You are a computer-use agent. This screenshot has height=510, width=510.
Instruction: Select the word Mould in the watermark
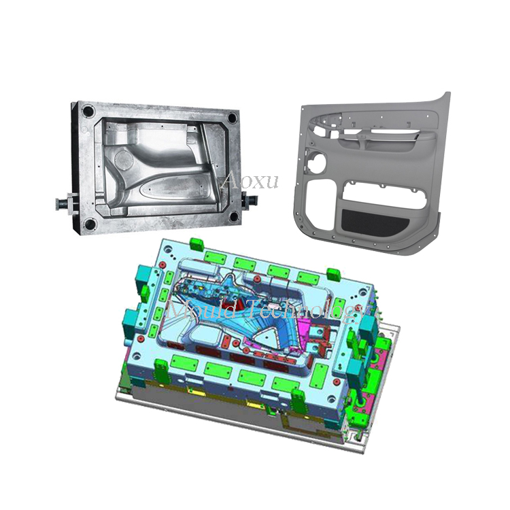(197, 309)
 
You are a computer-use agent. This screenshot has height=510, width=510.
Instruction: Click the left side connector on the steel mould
(66, 202)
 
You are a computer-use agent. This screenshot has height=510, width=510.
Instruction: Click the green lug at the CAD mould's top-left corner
(198, 243)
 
